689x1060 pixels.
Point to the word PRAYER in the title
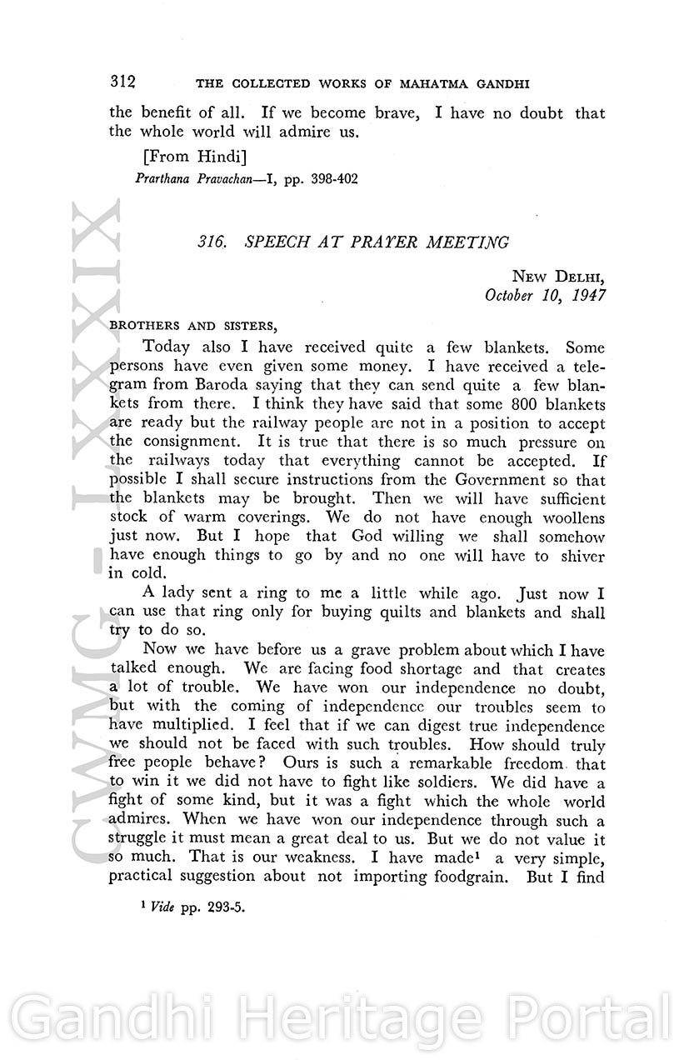coord(377,242)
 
